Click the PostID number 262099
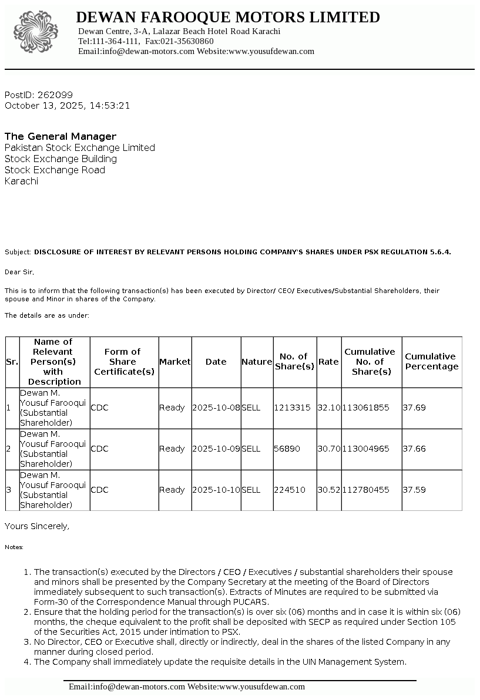pyautogui.click(x=55, y=95)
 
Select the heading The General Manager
pyautogui.click(x=61, y=136)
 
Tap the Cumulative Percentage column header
pyautogui.click(x=431, y=362)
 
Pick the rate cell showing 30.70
pyautogui.click(x=328, y=449)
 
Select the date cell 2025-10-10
pyautogui.click(x=216, y=490)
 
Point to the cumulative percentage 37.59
pyautogui.click(x=414, y=490)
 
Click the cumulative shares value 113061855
pyautogui.click(x=365, y=408)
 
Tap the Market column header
pyautogui.click(x=174, y=362)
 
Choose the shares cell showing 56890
pyautogui.click(x=287, y=449)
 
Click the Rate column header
pyautogui.click(x=328, y=362)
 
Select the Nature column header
pyautogui.click(x=257, y=362)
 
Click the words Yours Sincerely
pyautogui.click(x=36, y=526)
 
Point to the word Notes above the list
pyautogui.click(x=14, y=547)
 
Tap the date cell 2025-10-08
pyautogui.click(x=216, y=408)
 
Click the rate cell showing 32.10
pyautogui.click(x=328, y=408)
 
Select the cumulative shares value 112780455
pyautogui.click(x=365, y=490)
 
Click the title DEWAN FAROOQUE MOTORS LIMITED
pyautogui.click(x=228, y=18)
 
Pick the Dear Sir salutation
pyautogui.click(x=19, y=272)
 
